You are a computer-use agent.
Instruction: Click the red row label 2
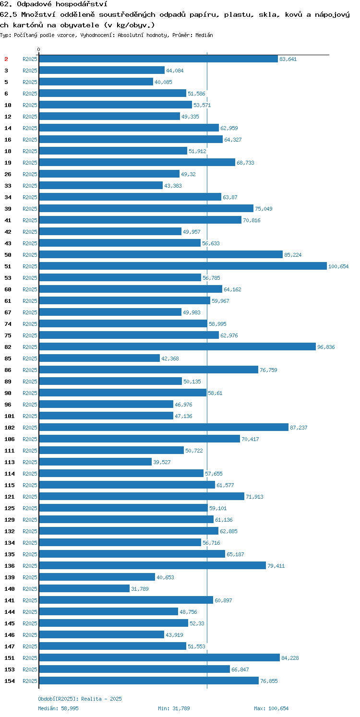point(6,59)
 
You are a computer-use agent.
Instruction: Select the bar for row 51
point(183,266)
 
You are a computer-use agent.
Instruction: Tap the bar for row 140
point(84,588)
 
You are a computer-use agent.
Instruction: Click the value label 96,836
point(326,347)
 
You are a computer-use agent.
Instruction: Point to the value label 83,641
point(288,59)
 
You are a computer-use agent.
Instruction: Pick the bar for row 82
point(178,347)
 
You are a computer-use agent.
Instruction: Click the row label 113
point(10,462)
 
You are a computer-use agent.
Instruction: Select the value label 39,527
point(162,462)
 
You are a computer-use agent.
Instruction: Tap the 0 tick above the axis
point(39,49)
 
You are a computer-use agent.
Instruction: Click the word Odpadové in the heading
point(34,4)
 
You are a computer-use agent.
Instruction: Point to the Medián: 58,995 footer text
point(58,708)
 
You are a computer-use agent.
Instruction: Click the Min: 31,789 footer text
point(174,708)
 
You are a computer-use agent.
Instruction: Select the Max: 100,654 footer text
point(271,708)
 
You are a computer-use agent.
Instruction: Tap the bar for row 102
point(164,427)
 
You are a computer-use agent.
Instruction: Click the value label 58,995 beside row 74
point(217,324)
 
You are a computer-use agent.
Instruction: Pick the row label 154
point(10,681)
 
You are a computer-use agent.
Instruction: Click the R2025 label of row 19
point(30,163)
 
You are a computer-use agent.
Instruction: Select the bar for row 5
point(96,82)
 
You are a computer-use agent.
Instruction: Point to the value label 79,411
point(276,566)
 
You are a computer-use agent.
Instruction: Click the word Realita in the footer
point(91,699)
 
